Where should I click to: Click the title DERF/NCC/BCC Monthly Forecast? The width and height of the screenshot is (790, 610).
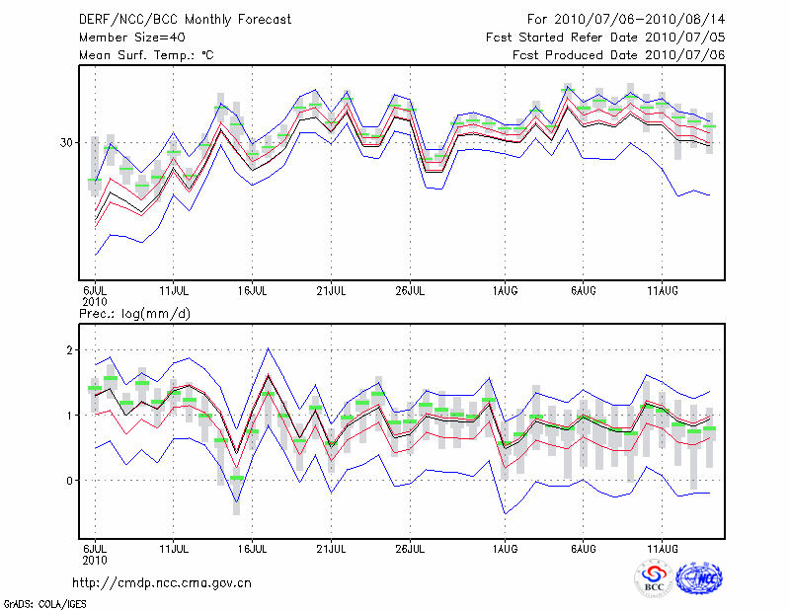click(x=185, y=20)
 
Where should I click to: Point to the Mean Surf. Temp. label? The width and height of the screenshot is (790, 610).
click(x=145, y=55)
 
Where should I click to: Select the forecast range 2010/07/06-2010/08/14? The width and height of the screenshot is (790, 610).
click(x=626, y=20)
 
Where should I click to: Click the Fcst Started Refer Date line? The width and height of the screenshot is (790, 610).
click(x=605, y=38)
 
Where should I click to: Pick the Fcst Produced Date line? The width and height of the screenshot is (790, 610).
click(x=618, y=55)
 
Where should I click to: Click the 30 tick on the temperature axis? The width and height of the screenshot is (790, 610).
click(x=66, y=142)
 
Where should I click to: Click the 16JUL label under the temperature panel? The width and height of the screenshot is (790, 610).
click(x=253, y=290)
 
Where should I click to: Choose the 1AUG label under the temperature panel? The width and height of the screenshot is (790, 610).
click(x=506, y=290)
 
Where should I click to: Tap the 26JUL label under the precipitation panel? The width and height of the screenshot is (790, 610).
click(x=411, y=547)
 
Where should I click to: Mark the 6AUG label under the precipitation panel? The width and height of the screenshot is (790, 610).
click(x=584, y=547)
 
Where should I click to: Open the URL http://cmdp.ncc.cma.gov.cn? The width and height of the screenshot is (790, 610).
click(x=162, y=582)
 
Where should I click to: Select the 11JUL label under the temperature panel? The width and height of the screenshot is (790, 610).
click(x=174, y=290)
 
